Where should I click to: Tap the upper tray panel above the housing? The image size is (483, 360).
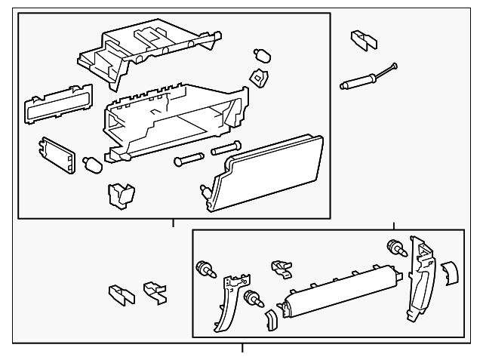click(143, 53)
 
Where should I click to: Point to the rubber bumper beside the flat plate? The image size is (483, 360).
click(91, 163)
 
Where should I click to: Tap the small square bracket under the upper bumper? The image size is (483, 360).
click(259, 76)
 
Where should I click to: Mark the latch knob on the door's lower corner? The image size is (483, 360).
click(205, 193)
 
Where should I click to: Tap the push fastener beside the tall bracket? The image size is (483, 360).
click(394, 247)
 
